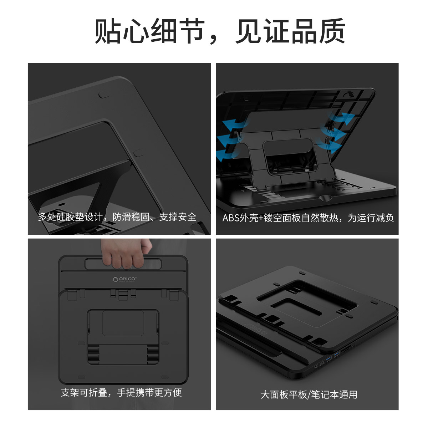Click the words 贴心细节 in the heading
click(149, 31)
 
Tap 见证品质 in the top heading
click(290, 31)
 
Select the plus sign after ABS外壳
click(261, 218)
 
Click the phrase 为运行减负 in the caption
click(371, 218)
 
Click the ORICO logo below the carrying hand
click(124, 279)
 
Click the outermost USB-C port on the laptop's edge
click(316, 366)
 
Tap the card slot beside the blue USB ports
click(346, 349)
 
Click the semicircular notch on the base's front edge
click(326, 197)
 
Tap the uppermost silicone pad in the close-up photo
click(104, 95)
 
